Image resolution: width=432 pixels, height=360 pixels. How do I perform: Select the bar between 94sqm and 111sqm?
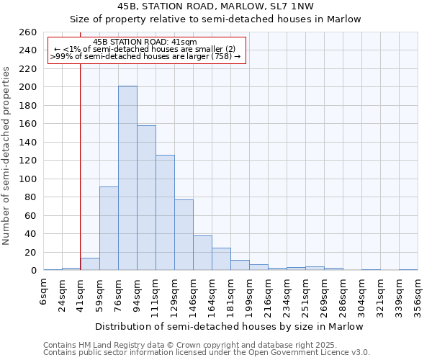point(146,198)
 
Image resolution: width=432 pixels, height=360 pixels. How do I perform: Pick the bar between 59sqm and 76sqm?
point(109,228)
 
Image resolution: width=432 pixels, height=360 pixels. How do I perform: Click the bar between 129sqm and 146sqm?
point(184,235)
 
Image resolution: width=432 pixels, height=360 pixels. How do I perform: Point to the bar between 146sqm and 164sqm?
point(202,253)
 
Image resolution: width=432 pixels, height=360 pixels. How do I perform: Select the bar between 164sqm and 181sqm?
point(221,259)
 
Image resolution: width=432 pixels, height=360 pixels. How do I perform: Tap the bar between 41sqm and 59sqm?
point(90,264)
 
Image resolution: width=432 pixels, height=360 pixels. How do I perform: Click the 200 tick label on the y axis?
point(28,87)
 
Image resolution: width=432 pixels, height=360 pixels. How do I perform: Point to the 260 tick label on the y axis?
point(28,32)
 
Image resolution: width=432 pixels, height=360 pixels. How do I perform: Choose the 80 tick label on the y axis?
point(31,197)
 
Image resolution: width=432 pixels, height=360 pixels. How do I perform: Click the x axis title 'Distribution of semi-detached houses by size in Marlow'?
point(229,326)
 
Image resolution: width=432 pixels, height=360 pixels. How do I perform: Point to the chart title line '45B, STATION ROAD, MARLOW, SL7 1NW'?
point(215,6)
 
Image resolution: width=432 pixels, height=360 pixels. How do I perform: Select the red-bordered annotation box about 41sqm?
point(146,50)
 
